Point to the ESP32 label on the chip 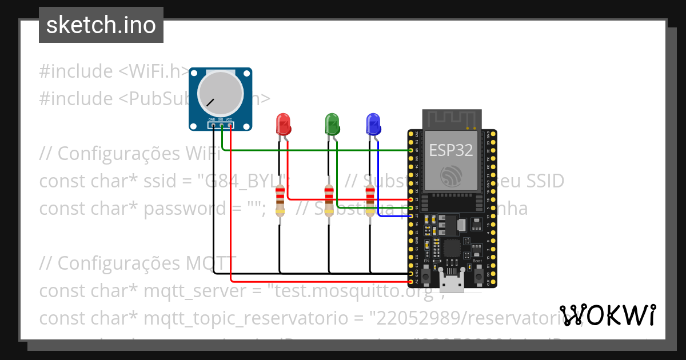[451, 150]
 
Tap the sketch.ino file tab [101, 25]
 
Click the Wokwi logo [607, 315]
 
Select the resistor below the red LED [280, 201]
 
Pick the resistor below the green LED [329, 201]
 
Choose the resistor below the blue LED [370, 201]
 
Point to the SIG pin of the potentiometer [221, 125]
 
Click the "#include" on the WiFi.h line [76, 71]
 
